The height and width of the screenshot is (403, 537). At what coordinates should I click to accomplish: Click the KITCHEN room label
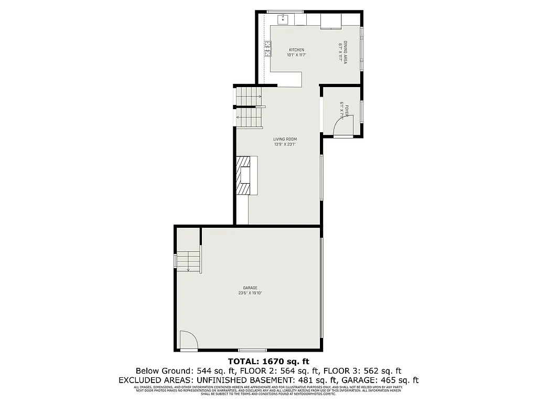(x=296, y=50)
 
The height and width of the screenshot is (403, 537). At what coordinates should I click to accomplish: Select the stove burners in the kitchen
(x=268, y=50)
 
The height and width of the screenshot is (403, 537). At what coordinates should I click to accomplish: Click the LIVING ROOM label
(x=285, y=139)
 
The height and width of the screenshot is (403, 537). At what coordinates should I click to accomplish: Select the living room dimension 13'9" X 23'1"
(x=285, y=144)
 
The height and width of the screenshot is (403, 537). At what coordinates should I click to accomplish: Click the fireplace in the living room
(x=245, y=175)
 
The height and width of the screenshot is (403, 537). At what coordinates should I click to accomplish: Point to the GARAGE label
(x=250, y=288)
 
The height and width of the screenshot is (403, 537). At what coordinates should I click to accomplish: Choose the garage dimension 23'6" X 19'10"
(x=250, y=293)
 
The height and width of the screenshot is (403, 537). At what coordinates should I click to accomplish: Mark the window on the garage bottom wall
(x=252, y=350)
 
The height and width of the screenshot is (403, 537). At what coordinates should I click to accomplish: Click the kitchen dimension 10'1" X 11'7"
(x=296, y=55)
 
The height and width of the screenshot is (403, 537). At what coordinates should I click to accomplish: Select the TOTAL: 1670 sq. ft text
(x=268, y=361)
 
